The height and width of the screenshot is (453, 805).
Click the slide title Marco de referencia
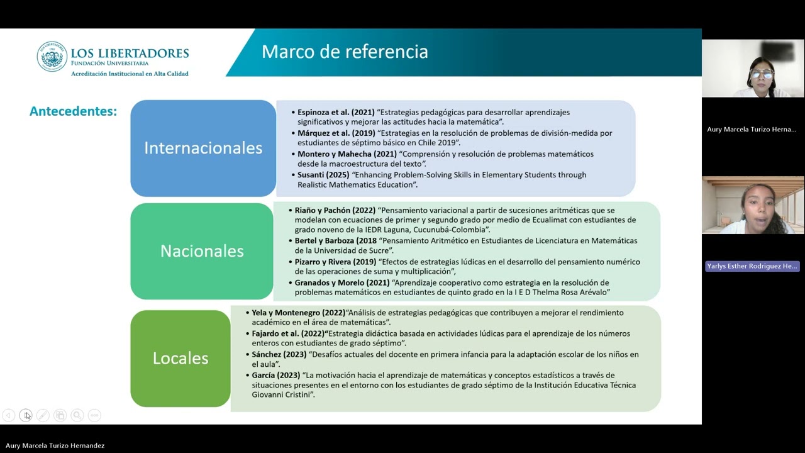coord(345,52)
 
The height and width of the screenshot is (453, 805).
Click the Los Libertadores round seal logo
coord(52,57)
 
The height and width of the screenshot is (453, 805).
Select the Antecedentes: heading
coord(73,111)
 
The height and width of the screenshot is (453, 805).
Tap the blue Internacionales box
coord(203,148)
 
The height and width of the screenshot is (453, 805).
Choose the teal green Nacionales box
coord(202,251)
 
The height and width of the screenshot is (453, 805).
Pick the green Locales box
coord(180,358)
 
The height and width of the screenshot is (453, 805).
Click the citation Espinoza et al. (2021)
coord(336,112)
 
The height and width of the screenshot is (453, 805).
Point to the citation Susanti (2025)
coord(323,175)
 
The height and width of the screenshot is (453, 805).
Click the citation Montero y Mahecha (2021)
coord(347,154)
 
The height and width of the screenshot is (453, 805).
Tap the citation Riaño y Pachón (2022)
coord(335,210)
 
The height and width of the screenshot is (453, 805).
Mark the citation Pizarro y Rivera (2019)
coord(335,262)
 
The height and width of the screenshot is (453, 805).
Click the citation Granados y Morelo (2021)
coord(342,283)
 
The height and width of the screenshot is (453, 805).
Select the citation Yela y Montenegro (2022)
coord(298,313)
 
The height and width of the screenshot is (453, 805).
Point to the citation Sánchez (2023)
coord(279,354)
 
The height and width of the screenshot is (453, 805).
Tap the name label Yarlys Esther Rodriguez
coord(752,266)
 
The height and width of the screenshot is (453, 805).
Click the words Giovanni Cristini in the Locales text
coord(280,395)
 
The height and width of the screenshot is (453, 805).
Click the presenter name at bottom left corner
coord(55,445)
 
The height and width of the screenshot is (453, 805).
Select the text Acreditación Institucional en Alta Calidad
coord(130,74)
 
